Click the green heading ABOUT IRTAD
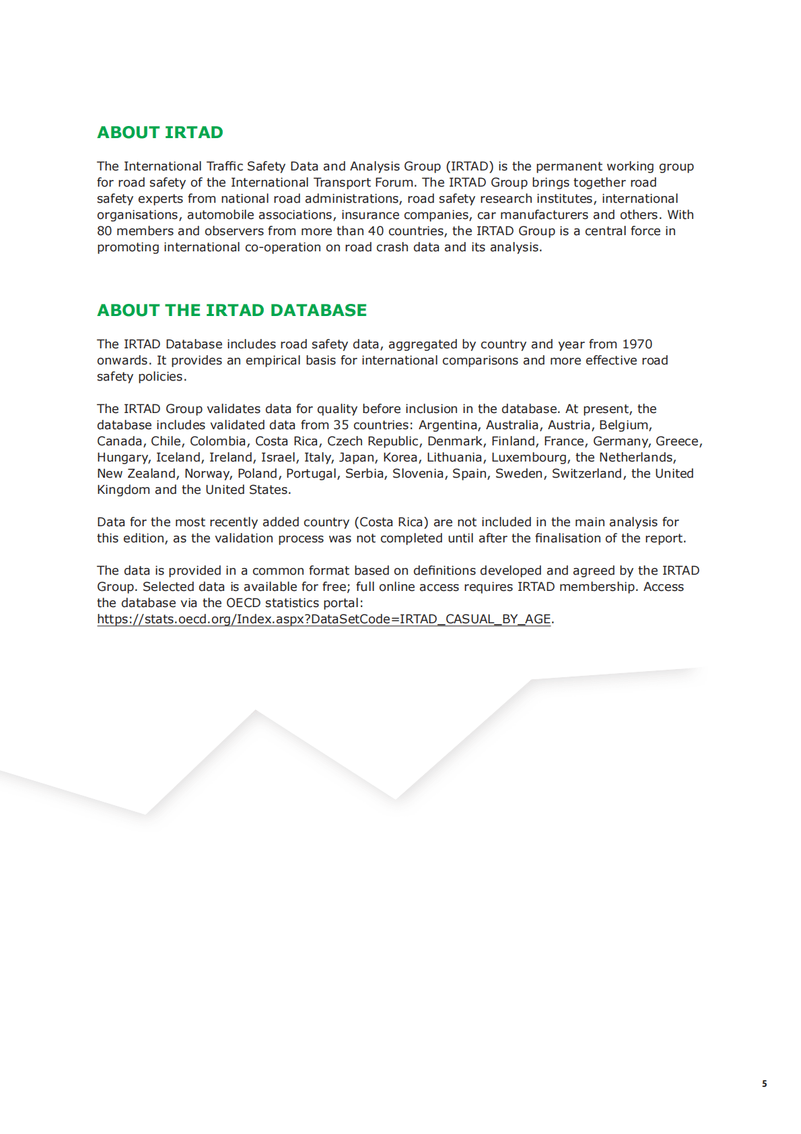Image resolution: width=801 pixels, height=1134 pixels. [x=160, y=133]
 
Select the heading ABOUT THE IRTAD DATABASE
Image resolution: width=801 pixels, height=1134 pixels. [x=232, y=311]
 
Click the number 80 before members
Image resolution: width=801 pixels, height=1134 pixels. [x=104, y=231]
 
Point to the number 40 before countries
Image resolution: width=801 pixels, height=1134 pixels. [x=376, y=231]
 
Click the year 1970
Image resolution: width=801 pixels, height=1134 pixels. [x=637, y=344]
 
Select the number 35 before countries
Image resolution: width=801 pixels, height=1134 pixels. [x=341, y=425]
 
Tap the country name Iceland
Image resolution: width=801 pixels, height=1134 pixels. [x=178, y=458]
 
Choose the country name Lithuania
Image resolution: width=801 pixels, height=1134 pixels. [x=454, y=458]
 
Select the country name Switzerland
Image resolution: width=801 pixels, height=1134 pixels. [x=587, y=474]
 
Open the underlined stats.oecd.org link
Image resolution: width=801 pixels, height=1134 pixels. [x=324, y=619]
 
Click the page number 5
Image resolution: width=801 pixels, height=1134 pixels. [x=764, y=1083]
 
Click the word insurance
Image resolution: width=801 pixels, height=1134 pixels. [x=372, y=215]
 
